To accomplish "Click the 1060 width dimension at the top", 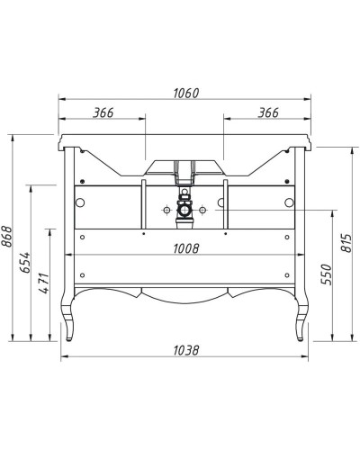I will [184, 94].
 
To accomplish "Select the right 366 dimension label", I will [261, 112].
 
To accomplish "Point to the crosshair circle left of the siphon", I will [166, 210].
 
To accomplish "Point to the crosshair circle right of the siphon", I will [203, 210].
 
